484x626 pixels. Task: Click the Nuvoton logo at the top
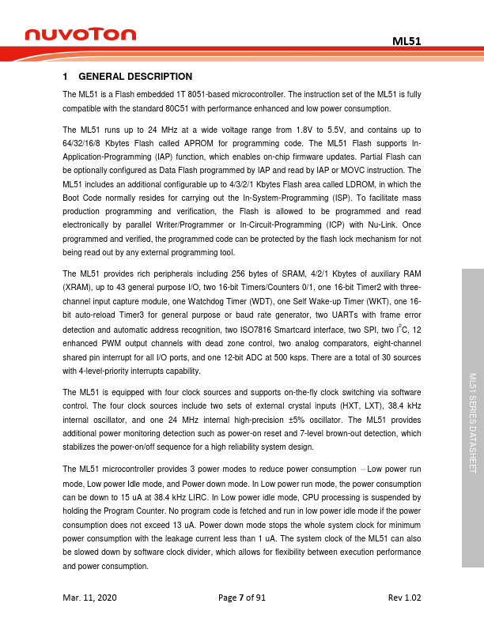(x=80, y=34)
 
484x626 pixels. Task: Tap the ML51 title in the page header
(x=406, y=40)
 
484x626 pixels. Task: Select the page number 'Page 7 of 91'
(x=242, y=597)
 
